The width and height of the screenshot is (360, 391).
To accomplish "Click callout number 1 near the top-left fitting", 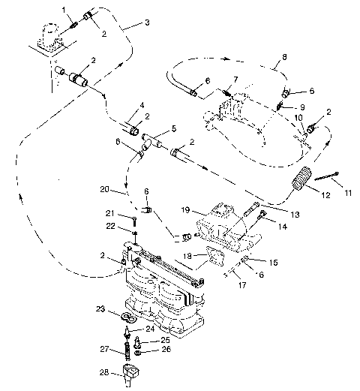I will tap(64, 9).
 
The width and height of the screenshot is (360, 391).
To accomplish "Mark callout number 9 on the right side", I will tap(304, 107).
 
